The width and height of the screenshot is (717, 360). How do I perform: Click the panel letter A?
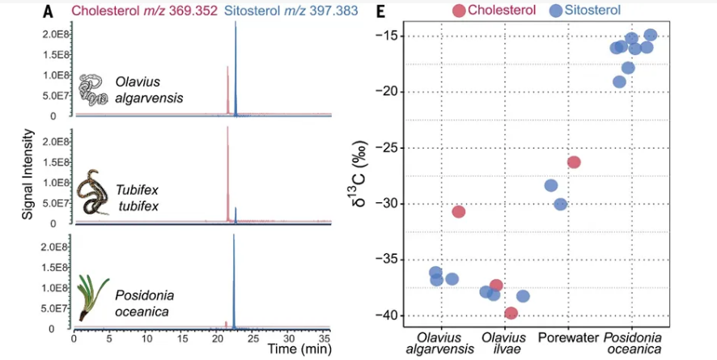click(49, 12)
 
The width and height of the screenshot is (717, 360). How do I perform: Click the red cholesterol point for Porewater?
click(574, 162)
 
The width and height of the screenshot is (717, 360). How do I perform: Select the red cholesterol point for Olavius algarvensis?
click(459, 211)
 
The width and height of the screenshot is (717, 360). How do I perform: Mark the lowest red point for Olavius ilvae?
click(511, 313)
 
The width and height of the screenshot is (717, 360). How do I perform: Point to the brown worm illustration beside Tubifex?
click(93, 194)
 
